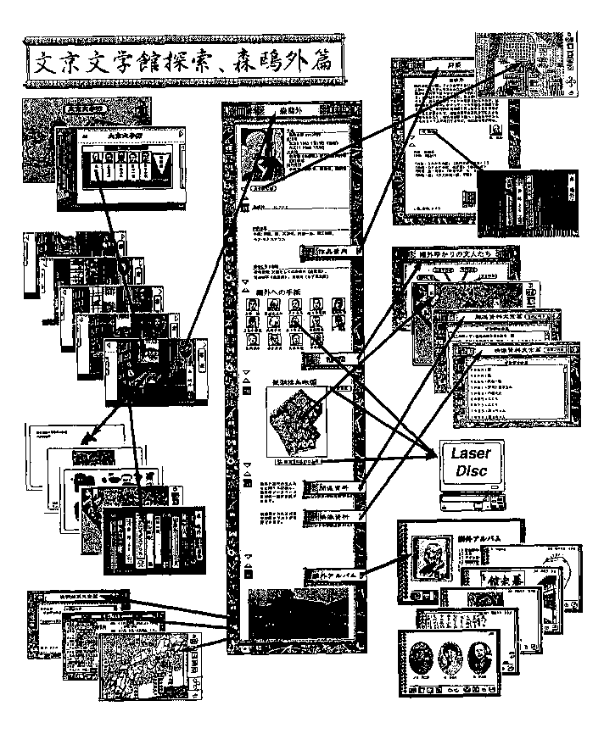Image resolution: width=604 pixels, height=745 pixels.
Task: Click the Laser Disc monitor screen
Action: coord(471,464)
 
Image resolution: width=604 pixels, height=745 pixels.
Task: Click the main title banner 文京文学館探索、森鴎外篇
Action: coord(183,62)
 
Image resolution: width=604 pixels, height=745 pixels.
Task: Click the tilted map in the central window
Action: coord(293,419)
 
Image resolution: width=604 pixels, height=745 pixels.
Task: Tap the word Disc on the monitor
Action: coord(472,471)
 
